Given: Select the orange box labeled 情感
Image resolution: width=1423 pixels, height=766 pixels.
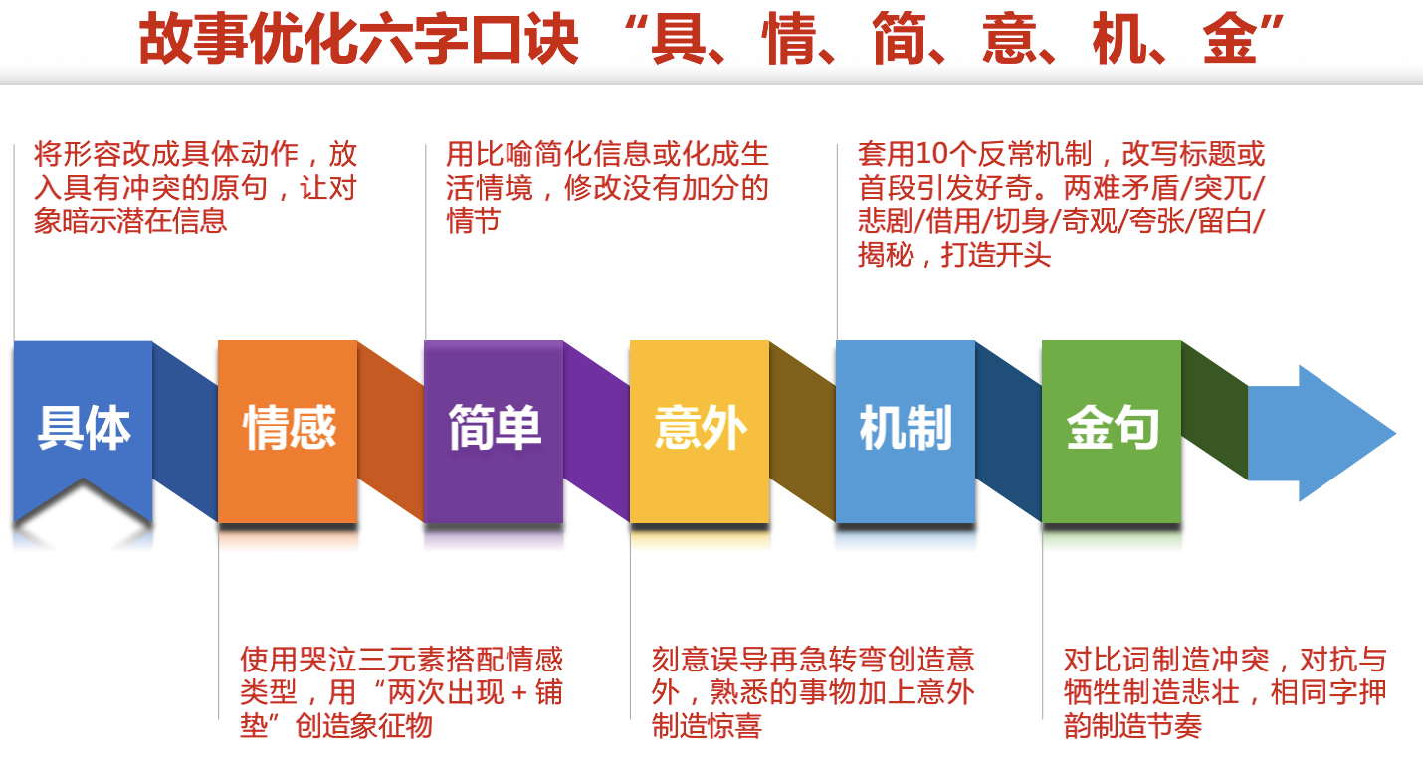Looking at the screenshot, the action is [x=288, y=432].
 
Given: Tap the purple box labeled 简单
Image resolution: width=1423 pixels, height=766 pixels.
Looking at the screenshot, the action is [x=494, y=432].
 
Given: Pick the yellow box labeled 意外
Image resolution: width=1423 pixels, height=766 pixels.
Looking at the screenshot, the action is [x=700, y=432].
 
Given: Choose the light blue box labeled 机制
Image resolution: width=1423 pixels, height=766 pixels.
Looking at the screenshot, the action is [x=906, y=432].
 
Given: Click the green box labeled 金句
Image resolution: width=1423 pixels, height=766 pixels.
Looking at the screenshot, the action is [x=1112, y=432].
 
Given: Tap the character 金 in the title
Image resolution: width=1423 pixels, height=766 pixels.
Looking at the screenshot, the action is [x=1229, y=40].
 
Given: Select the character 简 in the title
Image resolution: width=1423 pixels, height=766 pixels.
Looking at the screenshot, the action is [x=899, y=40].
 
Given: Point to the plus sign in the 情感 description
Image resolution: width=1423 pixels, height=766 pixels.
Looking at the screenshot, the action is [x=519, y=692].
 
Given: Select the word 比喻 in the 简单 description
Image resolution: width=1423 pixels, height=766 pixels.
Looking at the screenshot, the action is [x=505, y=154].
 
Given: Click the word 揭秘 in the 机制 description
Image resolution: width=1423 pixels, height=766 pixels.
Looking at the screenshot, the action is [x=887, y=255].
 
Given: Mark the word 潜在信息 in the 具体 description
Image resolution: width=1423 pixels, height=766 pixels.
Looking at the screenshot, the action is [x=168, y=221].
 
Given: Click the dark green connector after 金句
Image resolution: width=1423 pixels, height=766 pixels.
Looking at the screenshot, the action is [x=1215, y=410].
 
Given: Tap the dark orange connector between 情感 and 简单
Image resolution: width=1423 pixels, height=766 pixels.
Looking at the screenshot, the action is [x=391, y=432].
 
